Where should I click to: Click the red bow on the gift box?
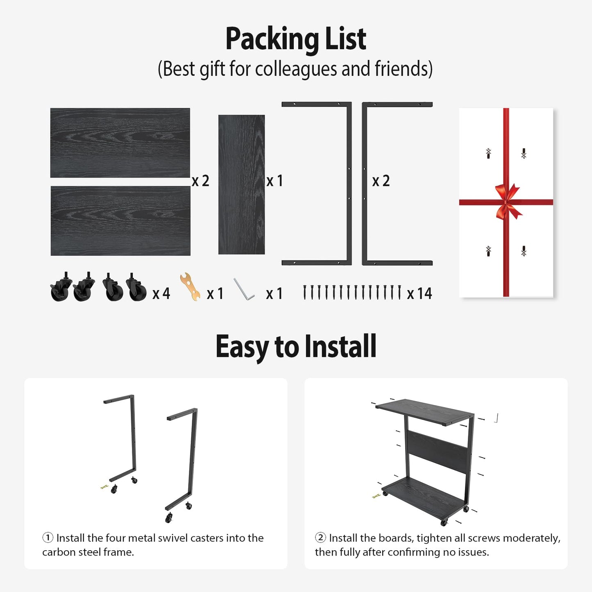[x=507, y=202]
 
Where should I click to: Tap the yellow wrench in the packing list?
[x=190, y=286]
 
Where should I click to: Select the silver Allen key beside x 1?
[x=244, y=289]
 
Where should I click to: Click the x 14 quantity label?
[x=420, y=293]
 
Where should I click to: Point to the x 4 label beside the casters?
[x=161, y=293]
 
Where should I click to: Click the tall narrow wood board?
[x=241, y=184]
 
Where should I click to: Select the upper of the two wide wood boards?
[x=120, y=143]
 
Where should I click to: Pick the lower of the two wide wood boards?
[x=120, y=220]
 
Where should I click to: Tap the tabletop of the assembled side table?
[x=424, y=412]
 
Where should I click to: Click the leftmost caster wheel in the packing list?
[x=61, y=287]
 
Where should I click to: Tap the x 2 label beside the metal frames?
[x=381, y=181]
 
